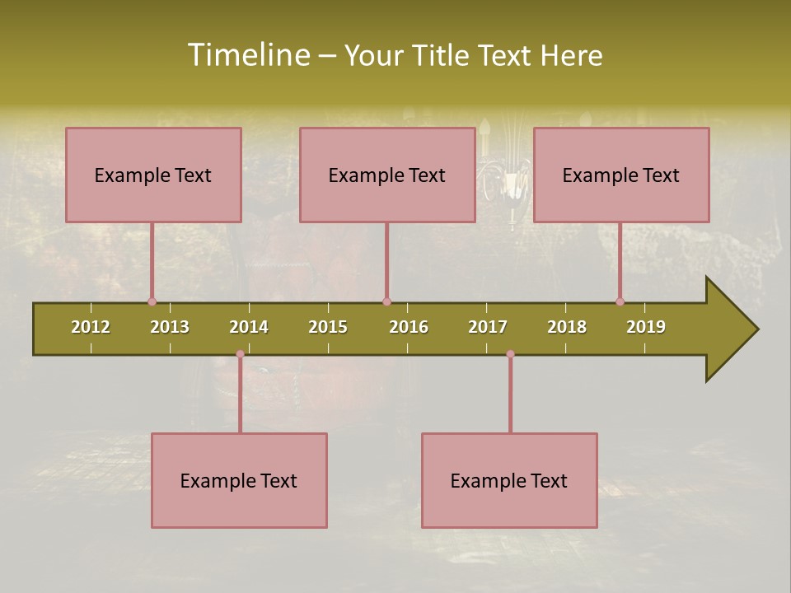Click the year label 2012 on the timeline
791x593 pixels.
pos(91,327)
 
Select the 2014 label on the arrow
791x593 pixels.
pos(249,327)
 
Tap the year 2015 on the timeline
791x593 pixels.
pos(328,327)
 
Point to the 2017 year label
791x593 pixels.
pos(488,327)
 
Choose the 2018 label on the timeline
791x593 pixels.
pos(567,327)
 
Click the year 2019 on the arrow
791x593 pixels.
pos(646,327)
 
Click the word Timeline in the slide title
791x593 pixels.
pos(248,55)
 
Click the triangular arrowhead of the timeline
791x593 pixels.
pos(729,329)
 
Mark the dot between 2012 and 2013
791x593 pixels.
pos(152,301)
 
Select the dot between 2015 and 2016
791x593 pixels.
pos(386,301)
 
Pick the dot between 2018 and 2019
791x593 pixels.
pos(620,301)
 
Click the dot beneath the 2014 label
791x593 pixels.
pos(240,354)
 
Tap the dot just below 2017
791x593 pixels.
pos(510,354)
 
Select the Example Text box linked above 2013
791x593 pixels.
pos(153,175)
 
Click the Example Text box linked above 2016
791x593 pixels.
pos(387,175)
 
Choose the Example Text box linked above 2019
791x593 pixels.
pos(621,175)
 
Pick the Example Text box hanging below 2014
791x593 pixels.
pos(239,480)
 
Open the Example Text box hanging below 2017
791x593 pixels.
pos(509,480)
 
